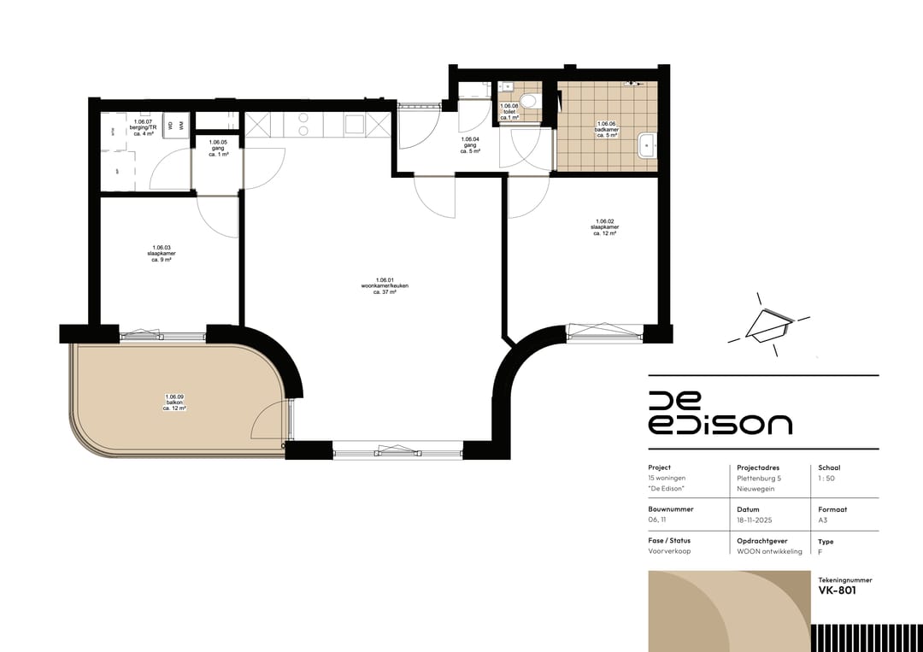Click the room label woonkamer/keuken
385,285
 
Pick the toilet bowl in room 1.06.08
528,102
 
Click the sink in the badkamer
647,146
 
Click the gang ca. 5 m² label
470,144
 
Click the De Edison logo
720,414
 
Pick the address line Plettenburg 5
759,479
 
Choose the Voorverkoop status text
669,552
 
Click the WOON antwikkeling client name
769,552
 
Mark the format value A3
823,520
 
